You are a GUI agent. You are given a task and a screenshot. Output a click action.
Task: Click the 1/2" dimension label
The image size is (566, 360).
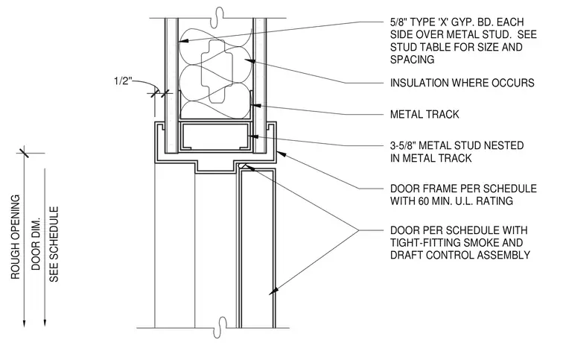click(x=122, y=80)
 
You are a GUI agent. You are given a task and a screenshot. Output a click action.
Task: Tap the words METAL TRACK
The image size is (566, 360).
click(x=424, y=115)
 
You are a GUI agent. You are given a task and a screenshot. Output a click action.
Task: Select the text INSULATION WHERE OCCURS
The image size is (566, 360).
click(x=462, y=83)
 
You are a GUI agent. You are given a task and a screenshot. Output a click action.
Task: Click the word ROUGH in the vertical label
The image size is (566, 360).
click(x=15, y=263)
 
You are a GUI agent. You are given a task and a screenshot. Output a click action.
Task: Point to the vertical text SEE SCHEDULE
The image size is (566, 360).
click(x=54, y=244)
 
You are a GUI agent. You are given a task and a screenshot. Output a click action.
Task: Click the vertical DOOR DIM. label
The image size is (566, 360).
click(x=36, y=244)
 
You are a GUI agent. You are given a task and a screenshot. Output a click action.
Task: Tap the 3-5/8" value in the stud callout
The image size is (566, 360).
click(x=403, y=145)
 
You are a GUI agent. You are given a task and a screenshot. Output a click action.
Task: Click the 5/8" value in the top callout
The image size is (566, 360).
click(x=398, y=22)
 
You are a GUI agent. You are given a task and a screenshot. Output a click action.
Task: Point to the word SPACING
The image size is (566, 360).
click(x=413, y=59)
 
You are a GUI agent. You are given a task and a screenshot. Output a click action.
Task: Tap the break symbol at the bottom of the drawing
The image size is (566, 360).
click(x=220, y=327)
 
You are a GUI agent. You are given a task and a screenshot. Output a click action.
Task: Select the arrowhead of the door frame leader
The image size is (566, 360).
click(x=282, y=154)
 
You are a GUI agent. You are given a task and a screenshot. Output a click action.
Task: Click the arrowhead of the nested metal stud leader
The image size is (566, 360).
click(x=253, y=136)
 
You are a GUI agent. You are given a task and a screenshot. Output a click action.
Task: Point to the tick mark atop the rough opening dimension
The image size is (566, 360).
click(x=24, y=152)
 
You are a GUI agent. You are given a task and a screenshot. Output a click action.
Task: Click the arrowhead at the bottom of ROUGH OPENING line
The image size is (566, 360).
click(x=24, y=323)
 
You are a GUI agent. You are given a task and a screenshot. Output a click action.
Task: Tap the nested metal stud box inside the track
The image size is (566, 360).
click(x=215, y=136)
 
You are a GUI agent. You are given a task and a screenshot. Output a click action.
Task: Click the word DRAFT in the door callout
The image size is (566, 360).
click(x=407, y=256)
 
